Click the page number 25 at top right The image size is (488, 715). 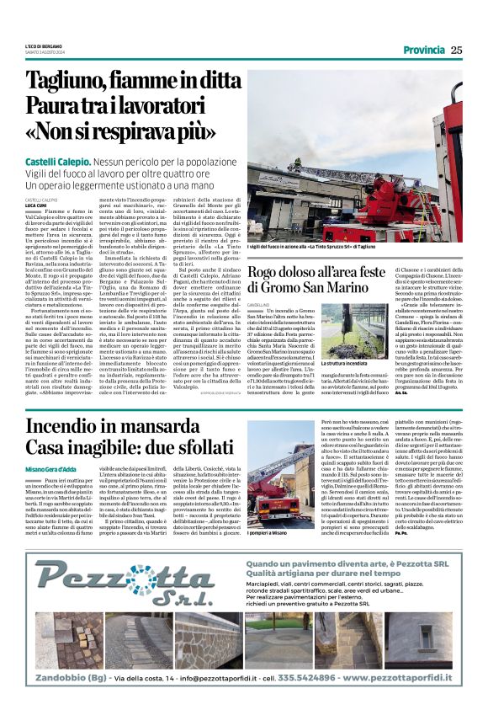pos(456,50)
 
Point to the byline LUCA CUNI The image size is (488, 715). pos(36,205)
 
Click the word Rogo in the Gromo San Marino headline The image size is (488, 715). pos(271,271)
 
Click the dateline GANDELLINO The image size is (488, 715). pos(262,308)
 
